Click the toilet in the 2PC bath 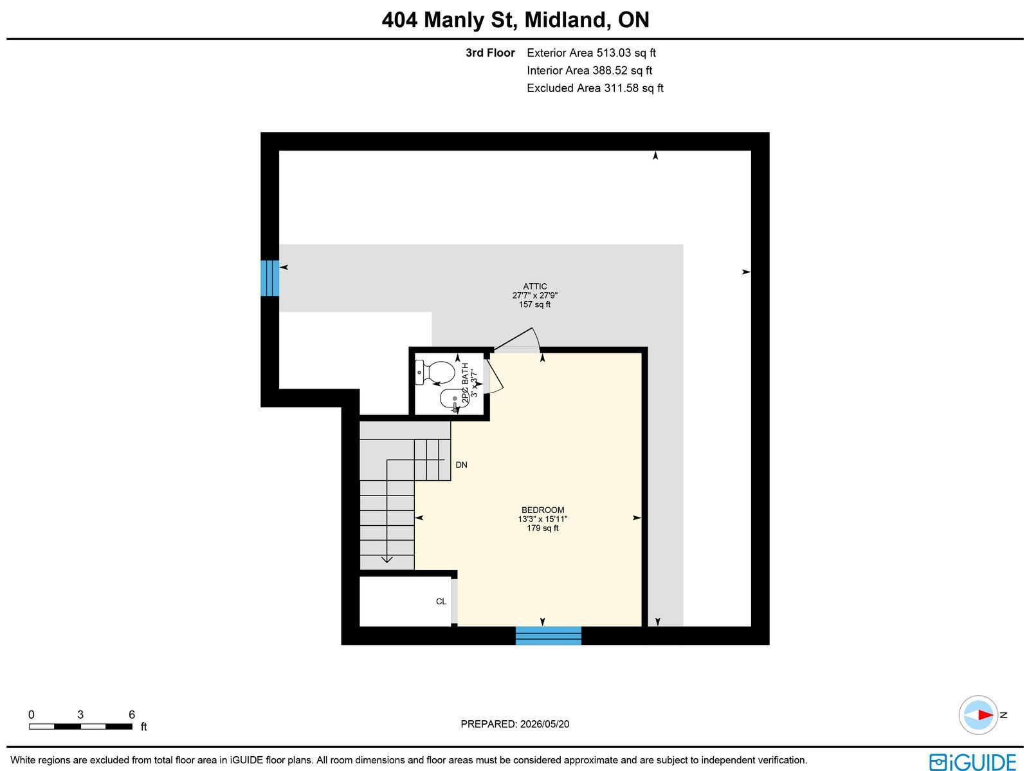click(x=435, y=373)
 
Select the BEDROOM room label click(x=542, y=510)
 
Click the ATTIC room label click(x=535, y=286)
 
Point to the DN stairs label click(x=461, y=465)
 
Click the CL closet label click(x=441, y=601)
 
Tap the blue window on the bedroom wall click(x=549, y=635)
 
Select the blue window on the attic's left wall click(x=269, y=278)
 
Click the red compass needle click(x=985, y=715)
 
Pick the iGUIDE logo click(x=972, y=761)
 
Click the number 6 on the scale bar click(x=132, y=714)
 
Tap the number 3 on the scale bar click(x=80, y=714)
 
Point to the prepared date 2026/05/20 click(x=545, y=723)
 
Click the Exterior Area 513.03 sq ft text click(x=591, y=53)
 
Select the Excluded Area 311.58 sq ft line click(x=595, y=88)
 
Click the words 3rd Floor click(x=490, y=53)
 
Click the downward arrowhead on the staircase click(x=387, y=559)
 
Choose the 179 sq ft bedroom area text click(x=542, y=528)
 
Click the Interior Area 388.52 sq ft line click(x=589, y=70)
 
